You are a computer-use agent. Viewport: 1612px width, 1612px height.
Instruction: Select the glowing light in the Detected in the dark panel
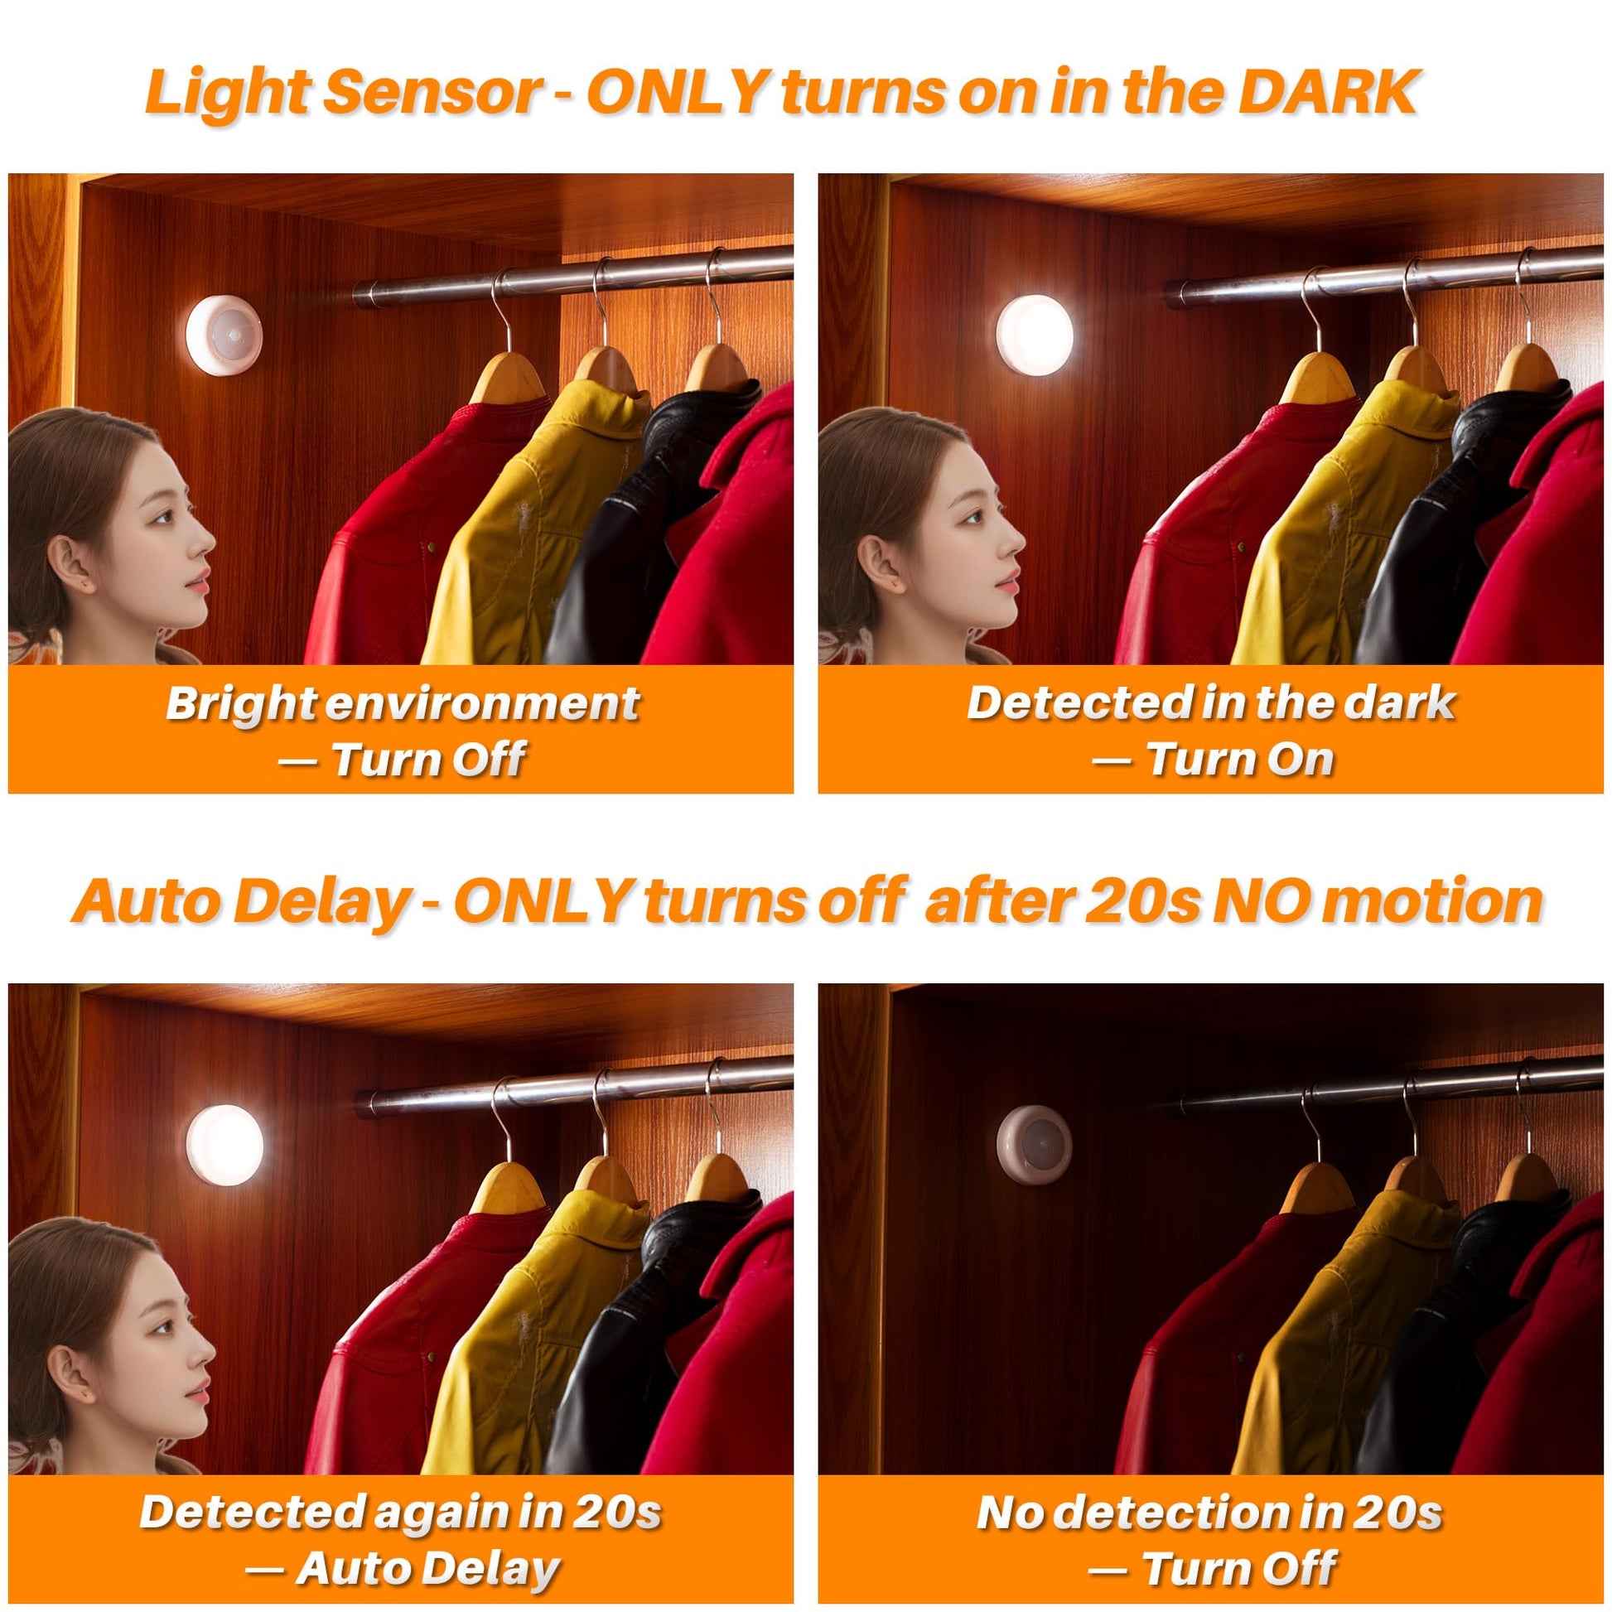point(1036,334)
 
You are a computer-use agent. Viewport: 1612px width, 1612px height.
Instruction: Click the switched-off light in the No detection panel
point(1035,1144)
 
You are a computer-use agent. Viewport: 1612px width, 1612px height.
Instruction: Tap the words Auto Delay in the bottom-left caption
point(428,1568)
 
